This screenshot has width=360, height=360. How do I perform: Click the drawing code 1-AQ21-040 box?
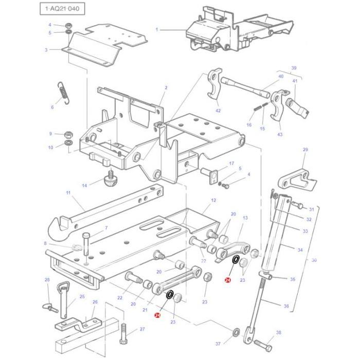pos(62,9)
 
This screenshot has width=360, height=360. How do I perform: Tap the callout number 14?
pos(84,185)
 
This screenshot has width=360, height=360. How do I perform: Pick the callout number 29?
pos(305,150)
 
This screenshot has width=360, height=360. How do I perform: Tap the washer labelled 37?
pos(236,332)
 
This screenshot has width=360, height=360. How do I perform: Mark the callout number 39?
pos(294,68)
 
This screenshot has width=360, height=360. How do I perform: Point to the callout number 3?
pos(46,50)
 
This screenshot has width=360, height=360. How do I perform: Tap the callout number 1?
pos(157,30)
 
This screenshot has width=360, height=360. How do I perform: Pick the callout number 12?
pos(213,200)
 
